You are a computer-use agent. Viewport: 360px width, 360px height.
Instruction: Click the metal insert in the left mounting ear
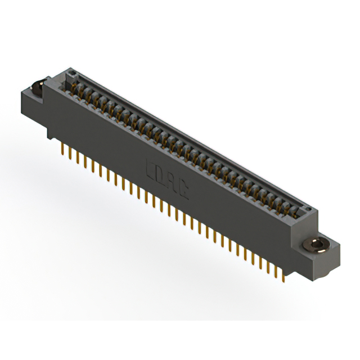point(37,87)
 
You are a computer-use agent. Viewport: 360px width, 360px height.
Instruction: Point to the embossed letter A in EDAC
point(172,182)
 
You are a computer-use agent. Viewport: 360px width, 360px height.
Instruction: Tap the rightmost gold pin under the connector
point(283,275)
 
